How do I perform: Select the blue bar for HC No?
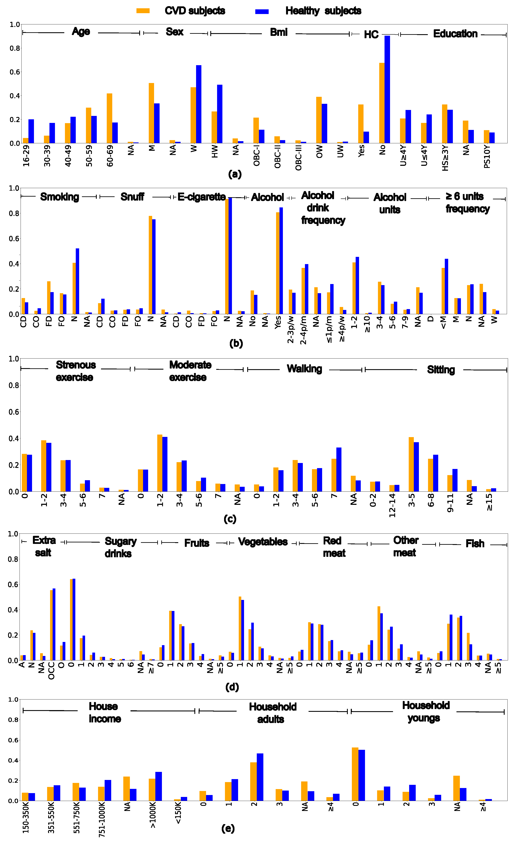point(387,89)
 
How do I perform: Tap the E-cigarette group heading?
point(201,197)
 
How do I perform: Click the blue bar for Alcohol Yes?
point(281,260)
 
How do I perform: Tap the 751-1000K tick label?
point(102,821)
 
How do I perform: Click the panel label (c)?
point(230,519)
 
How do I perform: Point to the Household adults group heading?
point(272,713)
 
